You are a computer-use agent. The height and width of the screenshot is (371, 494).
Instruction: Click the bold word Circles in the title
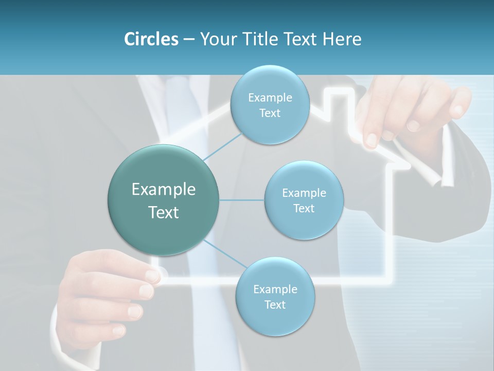[151, 39]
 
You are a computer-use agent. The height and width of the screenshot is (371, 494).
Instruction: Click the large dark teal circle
[164, 200]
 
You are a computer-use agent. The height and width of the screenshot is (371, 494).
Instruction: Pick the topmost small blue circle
[270, 105]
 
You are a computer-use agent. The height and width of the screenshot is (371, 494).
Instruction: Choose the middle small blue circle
[304, 200]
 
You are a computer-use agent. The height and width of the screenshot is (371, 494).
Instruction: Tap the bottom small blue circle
[275, 296]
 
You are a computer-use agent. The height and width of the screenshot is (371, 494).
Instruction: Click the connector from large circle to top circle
[222, 146]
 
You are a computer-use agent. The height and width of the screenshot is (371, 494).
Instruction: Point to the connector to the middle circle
[242, 200]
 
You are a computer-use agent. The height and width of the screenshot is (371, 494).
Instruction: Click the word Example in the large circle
[164, 190]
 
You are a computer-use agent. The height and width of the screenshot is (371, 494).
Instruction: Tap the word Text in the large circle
[164, 212]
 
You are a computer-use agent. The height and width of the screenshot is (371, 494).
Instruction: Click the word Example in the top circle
[270, 97]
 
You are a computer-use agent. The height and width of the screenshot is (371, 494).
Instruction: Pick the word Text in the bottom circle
[275, 305]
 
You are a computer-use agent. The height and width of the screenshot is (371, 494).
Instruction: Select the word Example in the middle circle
[304, 193]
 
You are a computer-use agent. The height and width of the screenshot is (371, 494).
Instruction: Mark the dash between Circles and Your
[188, 40]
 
